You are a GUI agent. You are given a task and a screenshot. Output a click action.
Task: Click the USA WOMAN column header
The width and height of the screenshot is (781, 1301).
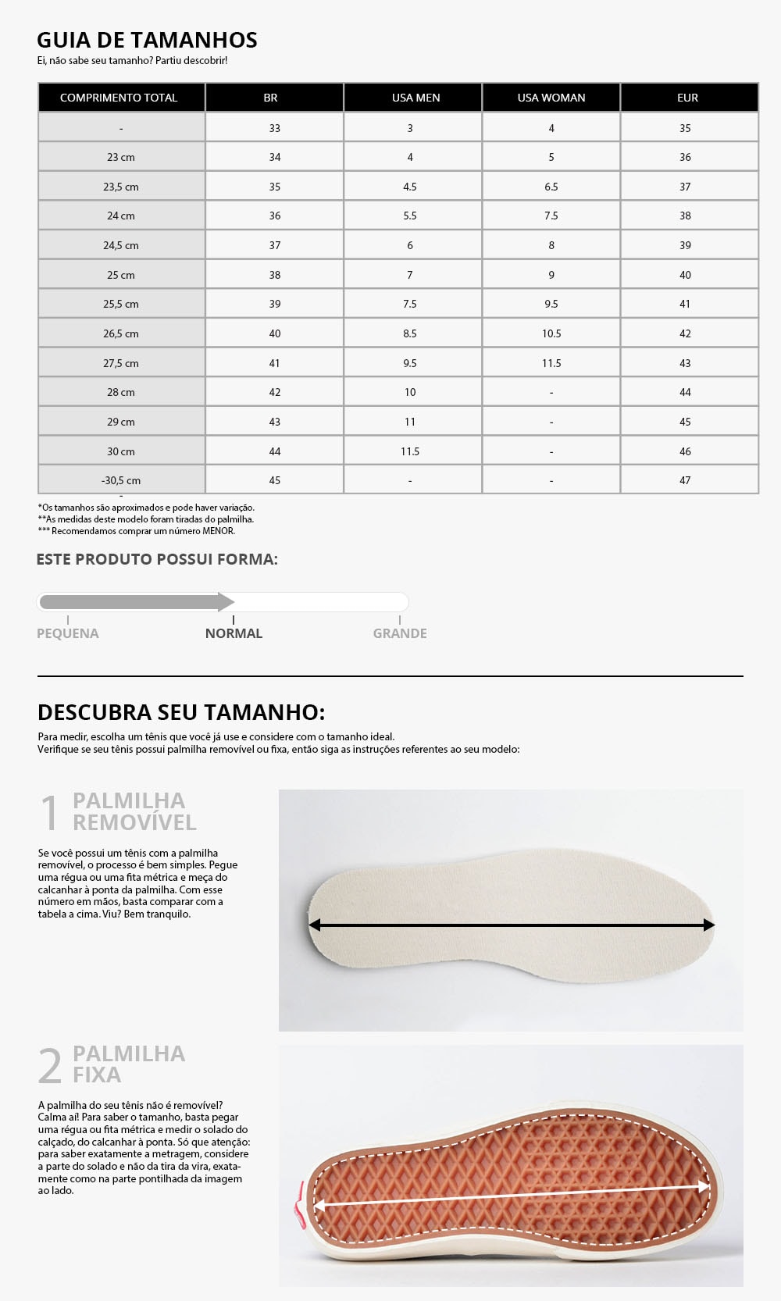tap(551, 98)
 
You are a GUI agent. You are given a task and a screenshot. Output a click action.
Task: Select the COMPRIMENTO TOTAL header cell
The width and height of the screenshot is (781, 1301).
tap(119, 98)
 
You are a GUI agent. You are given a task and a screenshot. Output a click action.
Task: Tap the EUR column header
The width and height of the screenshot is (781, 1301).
tap(687, 98)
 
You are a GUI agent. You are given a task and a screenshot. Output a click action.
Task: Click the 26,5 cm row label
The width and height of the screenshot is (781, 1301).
tap(121, 333)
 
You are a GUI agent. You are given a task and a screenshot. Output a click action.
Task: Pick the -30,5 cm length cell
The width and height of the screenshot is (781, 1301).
tap(121, 480)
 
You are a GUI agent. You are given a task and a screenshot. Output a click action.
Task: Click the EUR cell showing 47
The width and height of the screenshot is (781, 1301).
tap(685, 480)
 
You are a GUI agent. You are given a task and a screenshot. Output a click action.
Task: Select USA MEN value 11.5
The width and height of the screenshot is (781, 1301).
tap(410, 451)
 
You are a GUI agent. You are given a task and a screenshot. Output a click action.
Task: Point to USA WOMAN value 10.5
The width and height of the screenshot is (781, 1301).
tap(551, 333)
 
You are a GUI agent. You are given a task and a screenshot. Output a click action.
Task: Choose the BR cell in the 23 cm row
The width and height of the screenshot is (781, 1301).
tap(275, 157)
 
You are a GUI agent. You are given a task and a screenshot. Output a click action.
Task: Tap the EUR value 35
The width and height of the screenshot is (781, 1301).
tap(685, 128)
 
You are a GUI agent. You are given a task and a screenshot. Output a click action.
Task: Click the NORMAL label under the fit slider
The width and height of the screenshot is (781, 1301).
tap(234, 633)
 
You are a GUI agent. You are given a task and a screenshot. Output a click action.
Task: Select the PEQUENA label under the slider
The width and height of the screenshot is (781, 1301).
tap(68, 633)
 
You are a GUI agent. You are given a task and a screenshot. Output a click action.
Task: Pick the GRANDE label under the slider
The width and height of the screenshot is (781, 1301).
tap(400, 633)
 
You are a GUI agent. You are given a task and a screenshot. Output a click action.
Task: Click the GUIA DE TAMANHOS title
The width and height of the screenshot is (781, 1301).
tap(147, 40)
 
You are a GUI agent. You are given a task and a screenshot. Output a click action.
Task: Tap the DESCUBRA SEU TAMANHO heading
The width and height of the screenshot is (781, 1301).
tap(181, 712)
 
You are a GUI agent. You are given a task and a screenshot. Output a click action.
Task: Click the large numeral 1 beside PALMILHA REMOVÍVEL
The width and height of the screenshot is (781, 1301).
tap(49, 812)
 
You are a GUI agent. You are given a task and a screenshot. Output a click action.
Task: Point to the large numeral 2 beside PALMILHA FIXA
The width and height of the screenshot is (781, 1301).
tap(50, 1065)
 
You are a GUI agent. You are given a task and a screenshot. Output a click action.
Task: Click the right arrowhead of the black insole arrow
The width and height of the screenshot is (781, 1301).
tap(708, 925)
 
